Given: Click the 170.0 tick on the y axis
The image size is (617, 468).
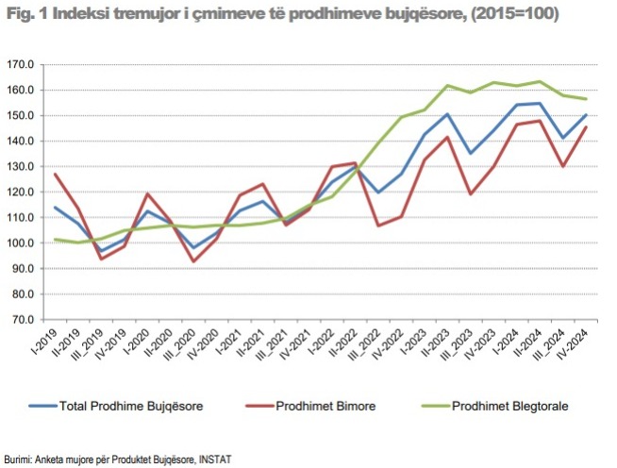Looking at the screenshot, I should pos(21,65).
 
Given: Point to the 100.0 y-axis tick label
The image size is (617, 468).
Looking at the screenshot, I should pos(21,243).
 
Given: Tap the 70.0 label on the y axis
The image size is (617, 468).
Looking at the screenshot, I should pos(23,320).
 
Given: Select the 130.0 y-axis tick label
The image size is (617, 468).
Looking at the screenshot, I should pos(21,167).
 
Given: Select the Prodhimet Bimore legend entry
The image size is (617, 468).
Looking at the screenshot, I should pos(326,407).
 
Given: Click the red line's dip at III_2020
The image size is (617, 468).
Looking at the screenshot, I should pos(195,260).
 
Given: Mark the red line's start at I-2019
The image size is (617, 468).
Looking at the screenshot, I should pos(56,174).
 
